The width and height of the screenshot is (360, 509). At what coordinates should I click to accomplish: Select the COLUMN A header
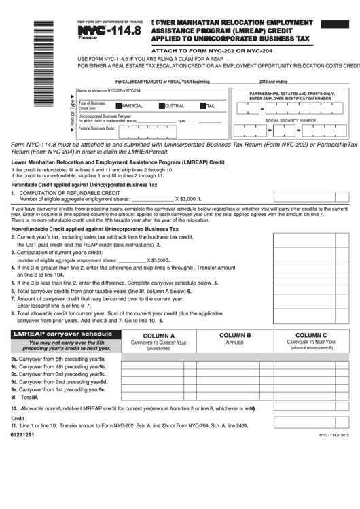click(159, 336)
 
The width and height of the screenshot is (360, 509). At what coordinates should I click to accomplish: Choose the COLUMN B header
click(234, 336)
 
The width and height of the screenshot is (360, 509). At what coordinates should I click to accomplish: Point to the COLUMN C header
click(311, 336)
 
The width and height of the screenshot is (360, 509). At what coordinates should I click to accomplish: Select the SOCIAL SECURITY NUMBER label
click(290, 120)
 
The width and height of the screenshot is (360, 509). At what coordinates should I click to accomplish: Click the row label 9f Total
click(23, 397)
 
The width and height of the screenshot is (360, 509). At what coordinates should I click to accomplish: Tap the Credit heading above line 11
click(18, 418)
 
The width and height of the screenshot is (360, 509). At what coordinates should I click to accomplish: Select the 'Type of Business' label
click(92, 103)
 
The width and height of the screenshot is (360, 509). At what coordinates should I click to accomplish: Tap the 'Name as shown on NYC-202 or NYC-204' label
click(109, 90)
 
